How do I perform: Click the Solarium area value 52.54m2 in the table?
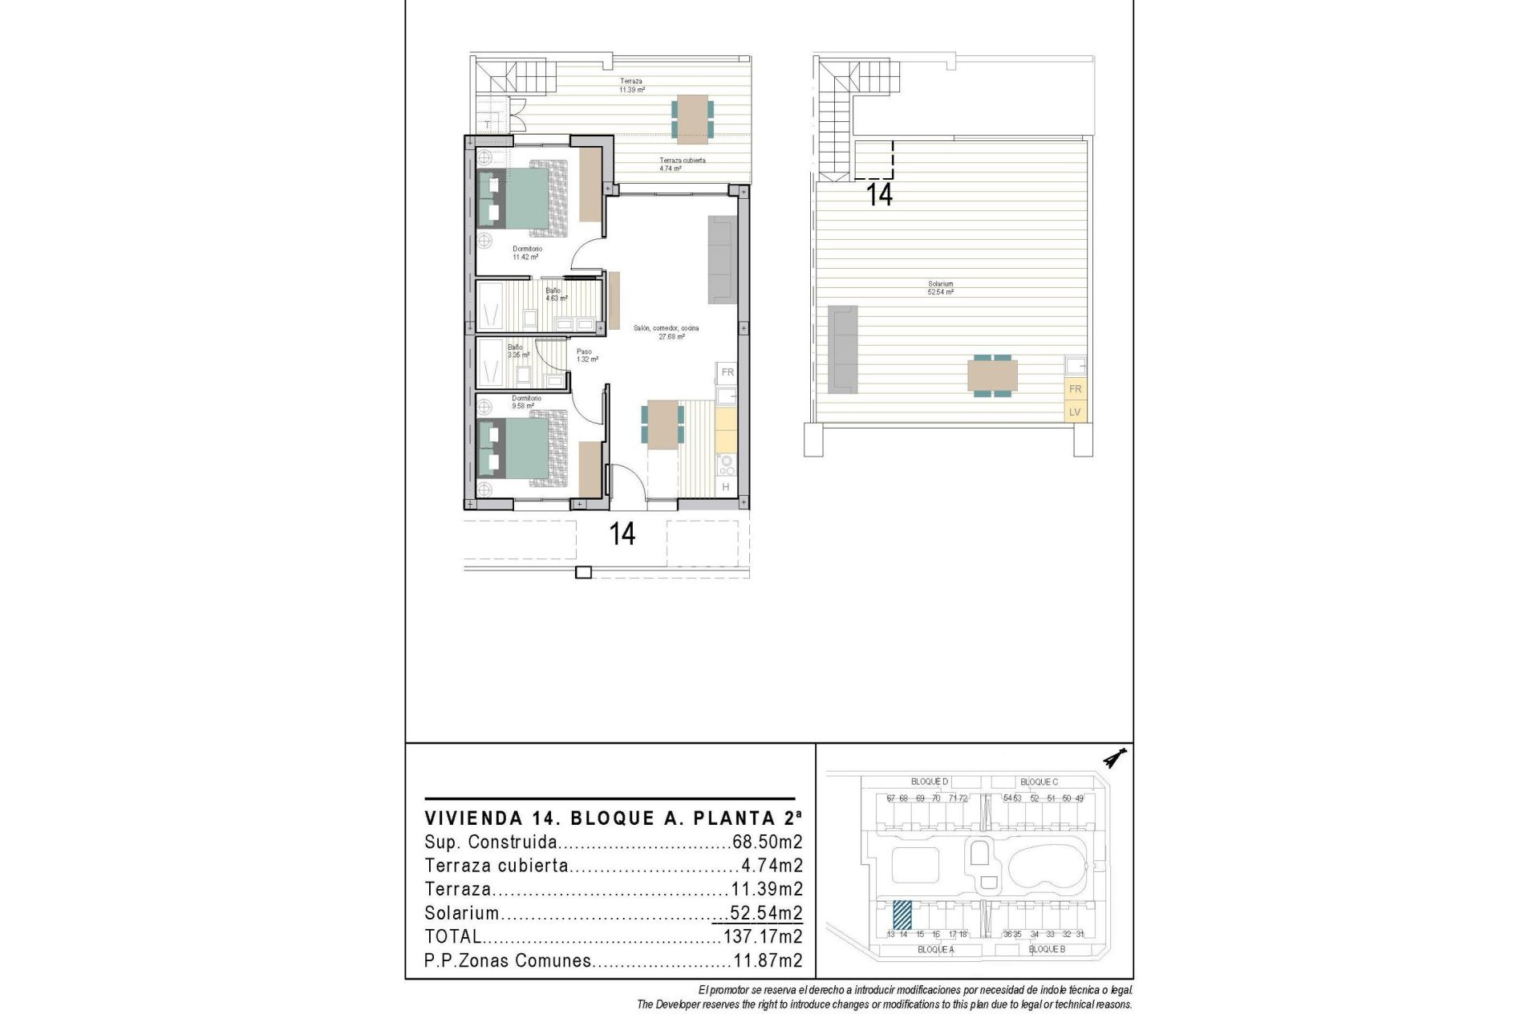point(766,913)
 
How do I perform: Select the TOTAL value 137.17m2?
point(763,936)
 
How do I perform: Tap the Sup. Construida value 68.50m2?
point(768,842)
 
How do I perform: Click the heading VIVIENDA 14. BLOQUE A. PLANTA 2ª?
point(613,818)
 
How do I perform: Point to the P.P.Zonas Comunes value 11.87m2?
point(768,960)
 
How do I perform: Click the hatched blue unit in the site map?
point(902,914)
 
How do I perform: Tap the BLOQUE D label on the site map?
point(930,781)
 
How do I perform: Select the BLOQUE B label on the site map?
point(1046,949)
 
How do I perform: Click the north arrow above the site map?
point(1115,757)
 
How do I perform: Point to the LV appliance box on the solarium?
point(1075,412)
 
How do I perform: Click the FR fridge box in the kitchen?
point(727,372)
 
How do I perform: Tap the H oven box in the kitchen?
point(726,487)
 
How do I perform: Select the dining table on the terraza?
point(692,119)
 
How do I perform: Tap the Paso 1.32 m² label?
point(586,355)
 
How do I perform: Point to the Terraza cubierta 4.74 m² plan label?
point(682,164)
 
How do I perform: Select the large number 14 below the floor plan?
point(622,534)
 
